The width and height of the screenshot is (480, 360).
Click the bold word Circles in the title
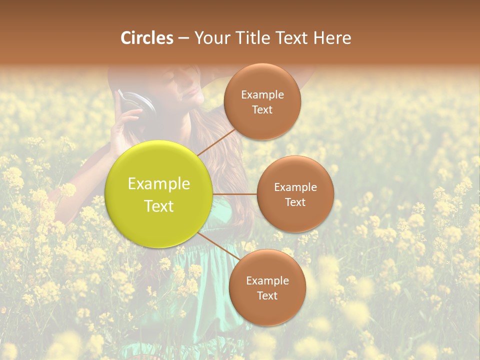(x=147, y=38)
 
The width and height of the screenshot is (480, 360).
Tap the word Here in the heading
(x=332, y=38)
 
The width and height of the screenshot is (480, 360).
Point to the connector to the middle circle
(x=235, y=194)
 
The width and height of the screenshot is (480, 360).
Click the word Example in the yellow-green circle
(x=159, y=184)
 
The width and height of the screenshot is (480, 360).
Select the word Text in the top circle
(x=262, y=109)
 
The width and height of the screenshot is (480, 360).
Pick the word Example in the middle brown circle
(x=295, y=187)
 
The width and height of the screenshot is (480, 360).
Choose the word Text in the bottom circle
(x=267, y=295)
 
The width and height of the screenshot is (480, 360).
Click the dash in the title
(x=183, y=38)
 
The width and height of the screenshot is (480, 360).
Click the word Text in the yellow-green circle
(x=159, y=206)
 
